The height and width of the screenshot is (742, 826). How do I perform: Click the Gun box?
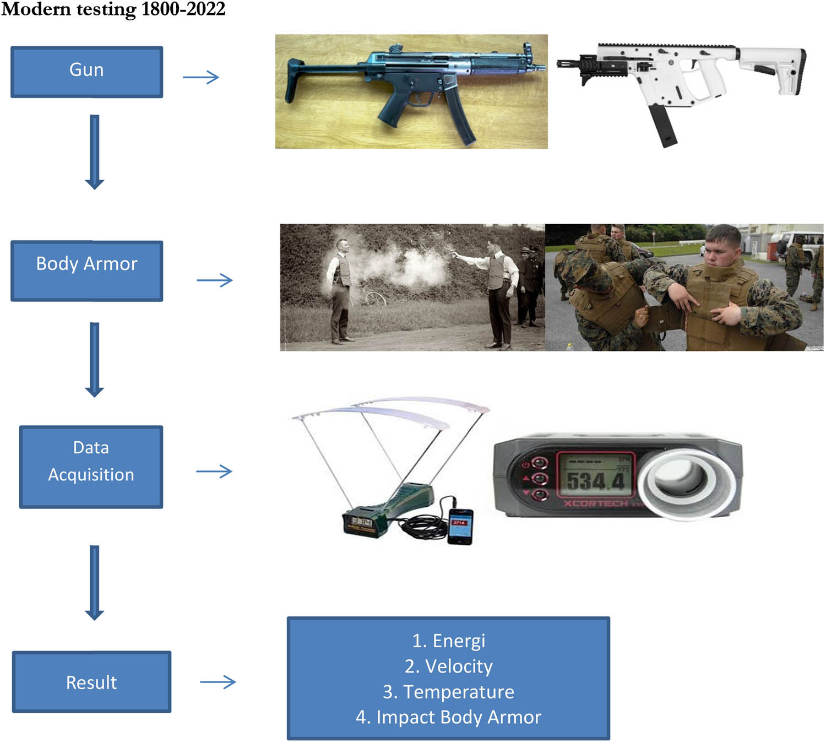86,72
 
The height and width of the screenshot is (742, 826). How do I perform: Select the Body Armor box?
86,270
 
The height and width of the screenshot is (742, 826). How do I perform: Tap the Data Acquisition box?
91,467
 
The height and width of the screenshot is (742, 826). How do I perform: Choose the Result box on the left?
91,681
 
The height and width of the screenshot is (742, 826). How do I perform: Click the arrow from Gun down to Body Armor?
95,151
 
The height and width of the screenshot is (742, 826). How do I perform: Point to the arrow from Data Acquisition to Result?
95,582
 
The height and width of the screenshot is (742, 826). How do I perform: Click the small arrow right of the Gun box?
201,77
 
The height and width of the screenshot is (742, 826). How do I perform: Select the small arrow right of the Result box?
218,683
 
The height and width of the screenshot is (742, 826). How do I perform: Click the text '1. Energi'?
448,641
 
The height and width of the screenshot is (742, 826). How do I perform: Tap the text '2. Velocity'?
448,666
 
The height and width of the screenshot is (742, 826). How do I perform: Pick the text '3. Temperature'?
448,691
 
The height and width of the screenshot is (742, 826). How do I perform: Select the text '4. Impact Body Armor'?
448,717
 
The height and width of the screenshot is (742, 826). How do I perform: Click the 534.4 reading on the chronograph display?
596,481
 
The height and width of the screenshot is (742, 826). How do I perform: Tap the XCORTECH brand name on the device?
596,503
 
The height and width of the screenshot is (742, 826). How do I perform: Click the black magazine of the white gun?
662,126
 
